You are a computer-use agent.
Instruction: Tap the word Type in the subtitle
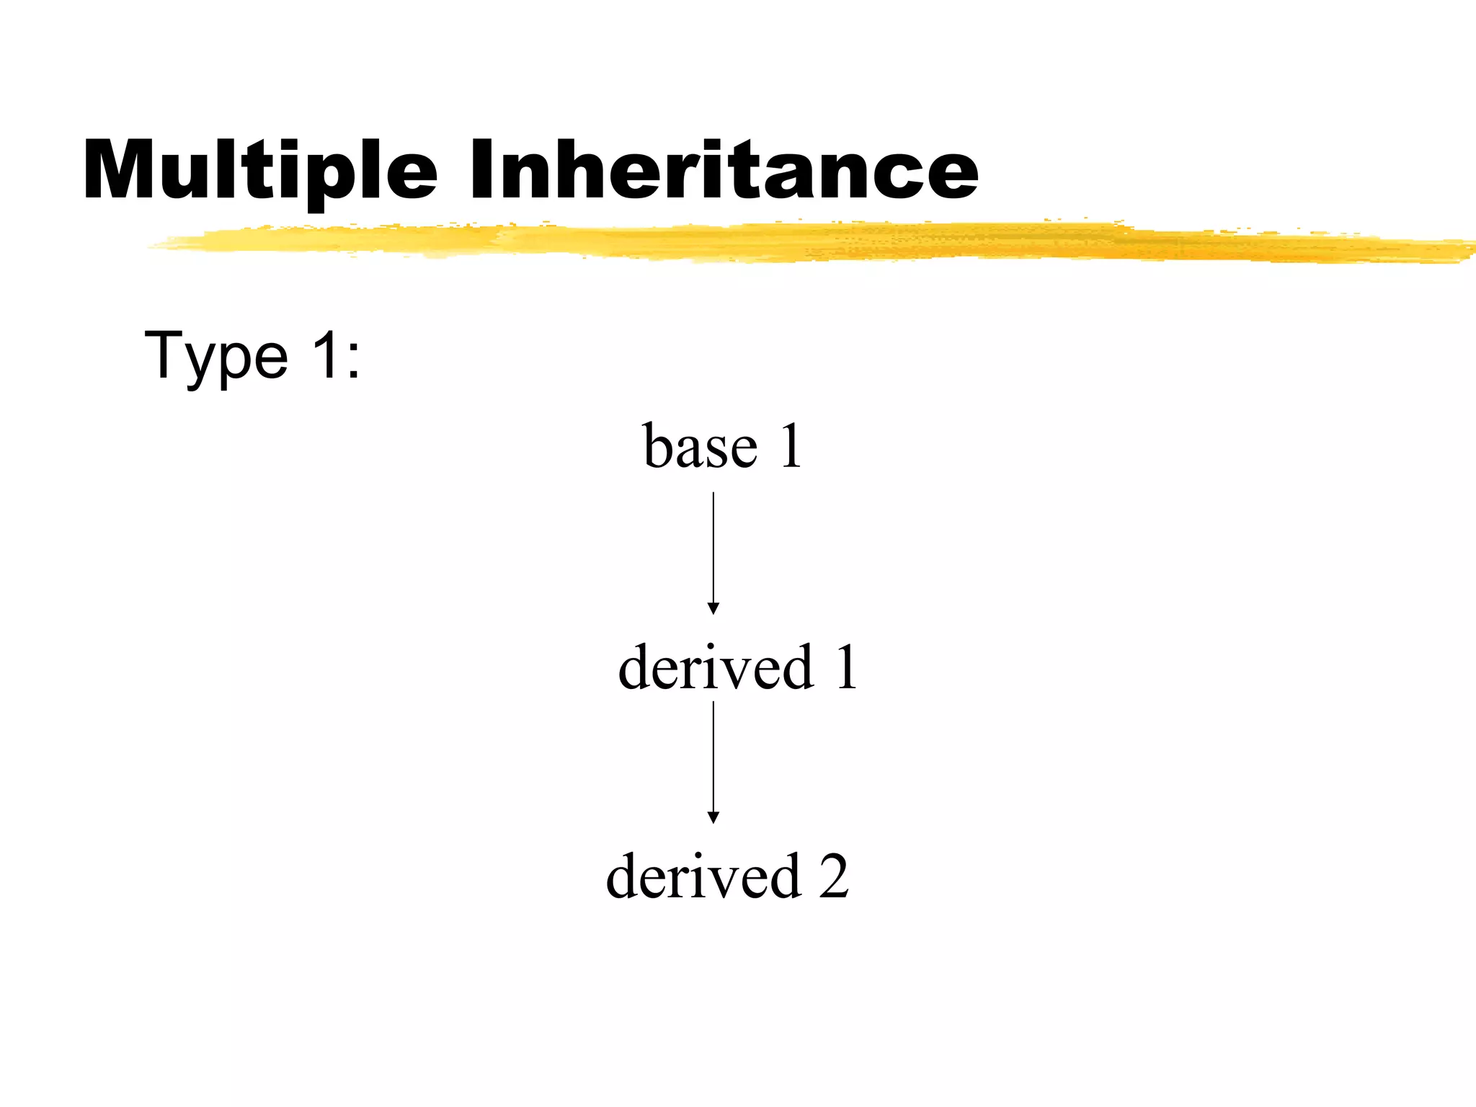216,356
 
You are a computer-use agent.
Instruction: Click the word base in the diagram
700,446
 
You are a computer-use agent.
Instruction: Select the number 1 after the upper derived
845,667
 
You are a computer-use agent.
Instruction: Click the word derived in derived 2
703,876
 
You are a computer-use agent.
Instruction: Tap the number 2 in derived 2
833,876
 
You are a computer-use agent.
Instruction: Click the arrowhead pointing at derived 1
713,608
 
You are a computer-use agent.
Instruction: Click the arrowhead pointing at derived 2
713,817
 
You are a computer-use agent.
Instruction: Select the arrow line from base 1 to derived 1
713,548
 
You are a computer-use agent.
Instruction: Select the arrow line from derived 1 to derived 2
713,757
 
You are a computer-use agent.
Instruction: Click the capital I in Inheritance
485,169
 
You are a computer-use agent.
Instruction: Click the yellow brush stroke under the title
793,242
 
